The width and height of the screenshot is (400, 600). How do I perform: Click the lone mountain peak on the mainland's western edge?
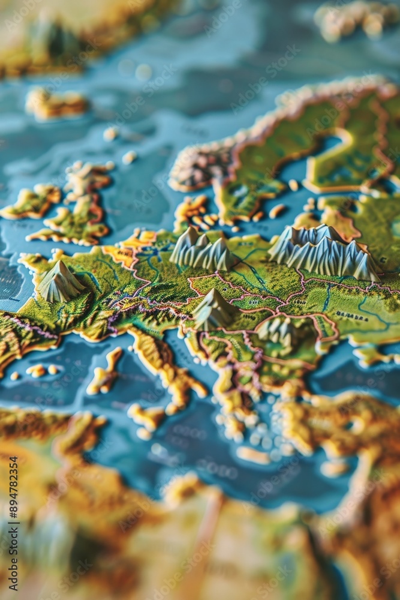(59, 281)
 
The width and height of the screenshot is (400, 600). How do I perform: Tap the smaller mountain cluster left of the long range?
(203, 249)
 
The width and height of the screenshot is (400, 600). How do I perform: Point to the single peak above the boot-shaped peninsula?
(214, 309)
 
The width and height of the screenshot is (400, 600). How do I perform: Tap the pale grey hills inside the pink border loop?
(277, 331)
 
